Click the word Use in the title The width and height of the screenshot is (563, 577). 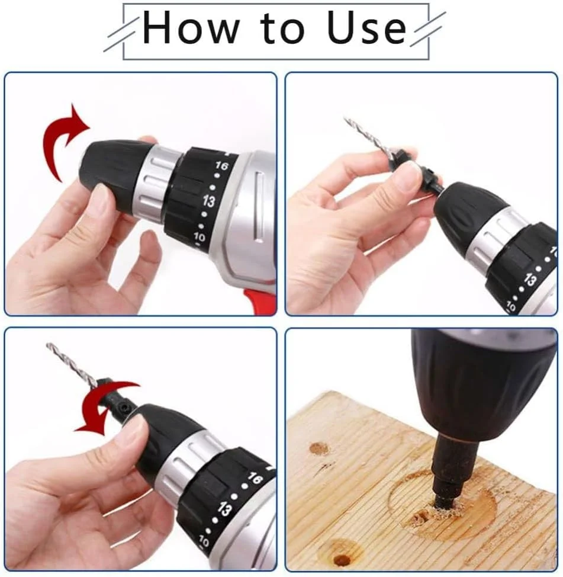366,27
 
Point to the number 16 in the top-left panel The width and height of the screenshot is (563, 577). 221,166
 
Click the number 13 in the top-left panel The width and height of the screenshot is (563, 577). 209,201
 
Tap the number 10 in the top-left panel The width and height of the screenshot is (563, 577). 199,236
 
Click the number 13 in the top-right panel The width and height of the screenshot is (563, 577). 530,280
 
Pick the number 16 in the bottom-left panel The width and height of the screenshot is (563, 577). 255,479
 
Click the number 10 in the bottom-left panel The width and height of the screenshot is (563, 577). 204,541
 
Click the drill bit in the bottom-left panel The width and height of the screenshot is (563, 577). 72,364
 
